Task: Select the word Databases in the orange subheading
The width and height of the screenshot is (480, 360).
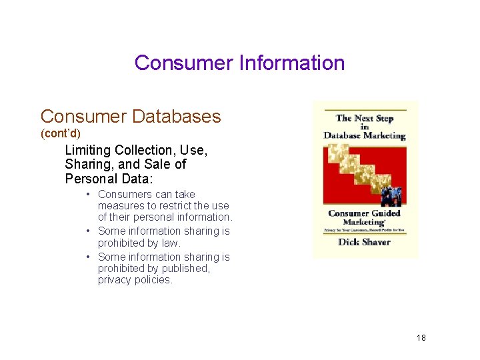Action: tap(176, 116)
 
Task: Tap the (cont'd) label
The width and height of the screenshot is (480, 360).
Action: tap(61, 134)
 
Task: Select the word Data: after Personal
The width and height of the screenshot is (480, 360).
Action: tap(137, 179)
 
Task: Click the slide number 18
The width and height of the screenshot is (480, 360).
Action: tap(421, 338)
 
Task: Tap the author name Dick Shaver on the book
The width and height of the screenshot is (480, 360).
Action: tap(364, 242)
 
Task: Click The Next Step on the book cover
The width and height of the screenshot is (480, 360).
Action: tap(365, 118)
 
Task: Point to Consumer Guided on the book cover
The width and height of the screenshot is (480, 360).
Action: tap(364, 213)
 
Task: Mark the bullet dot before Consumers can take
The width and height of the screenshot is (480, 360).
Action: tap(88, 195)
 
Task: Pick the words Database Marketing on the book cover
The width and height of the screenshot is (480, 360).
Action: tap(365, 135)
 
